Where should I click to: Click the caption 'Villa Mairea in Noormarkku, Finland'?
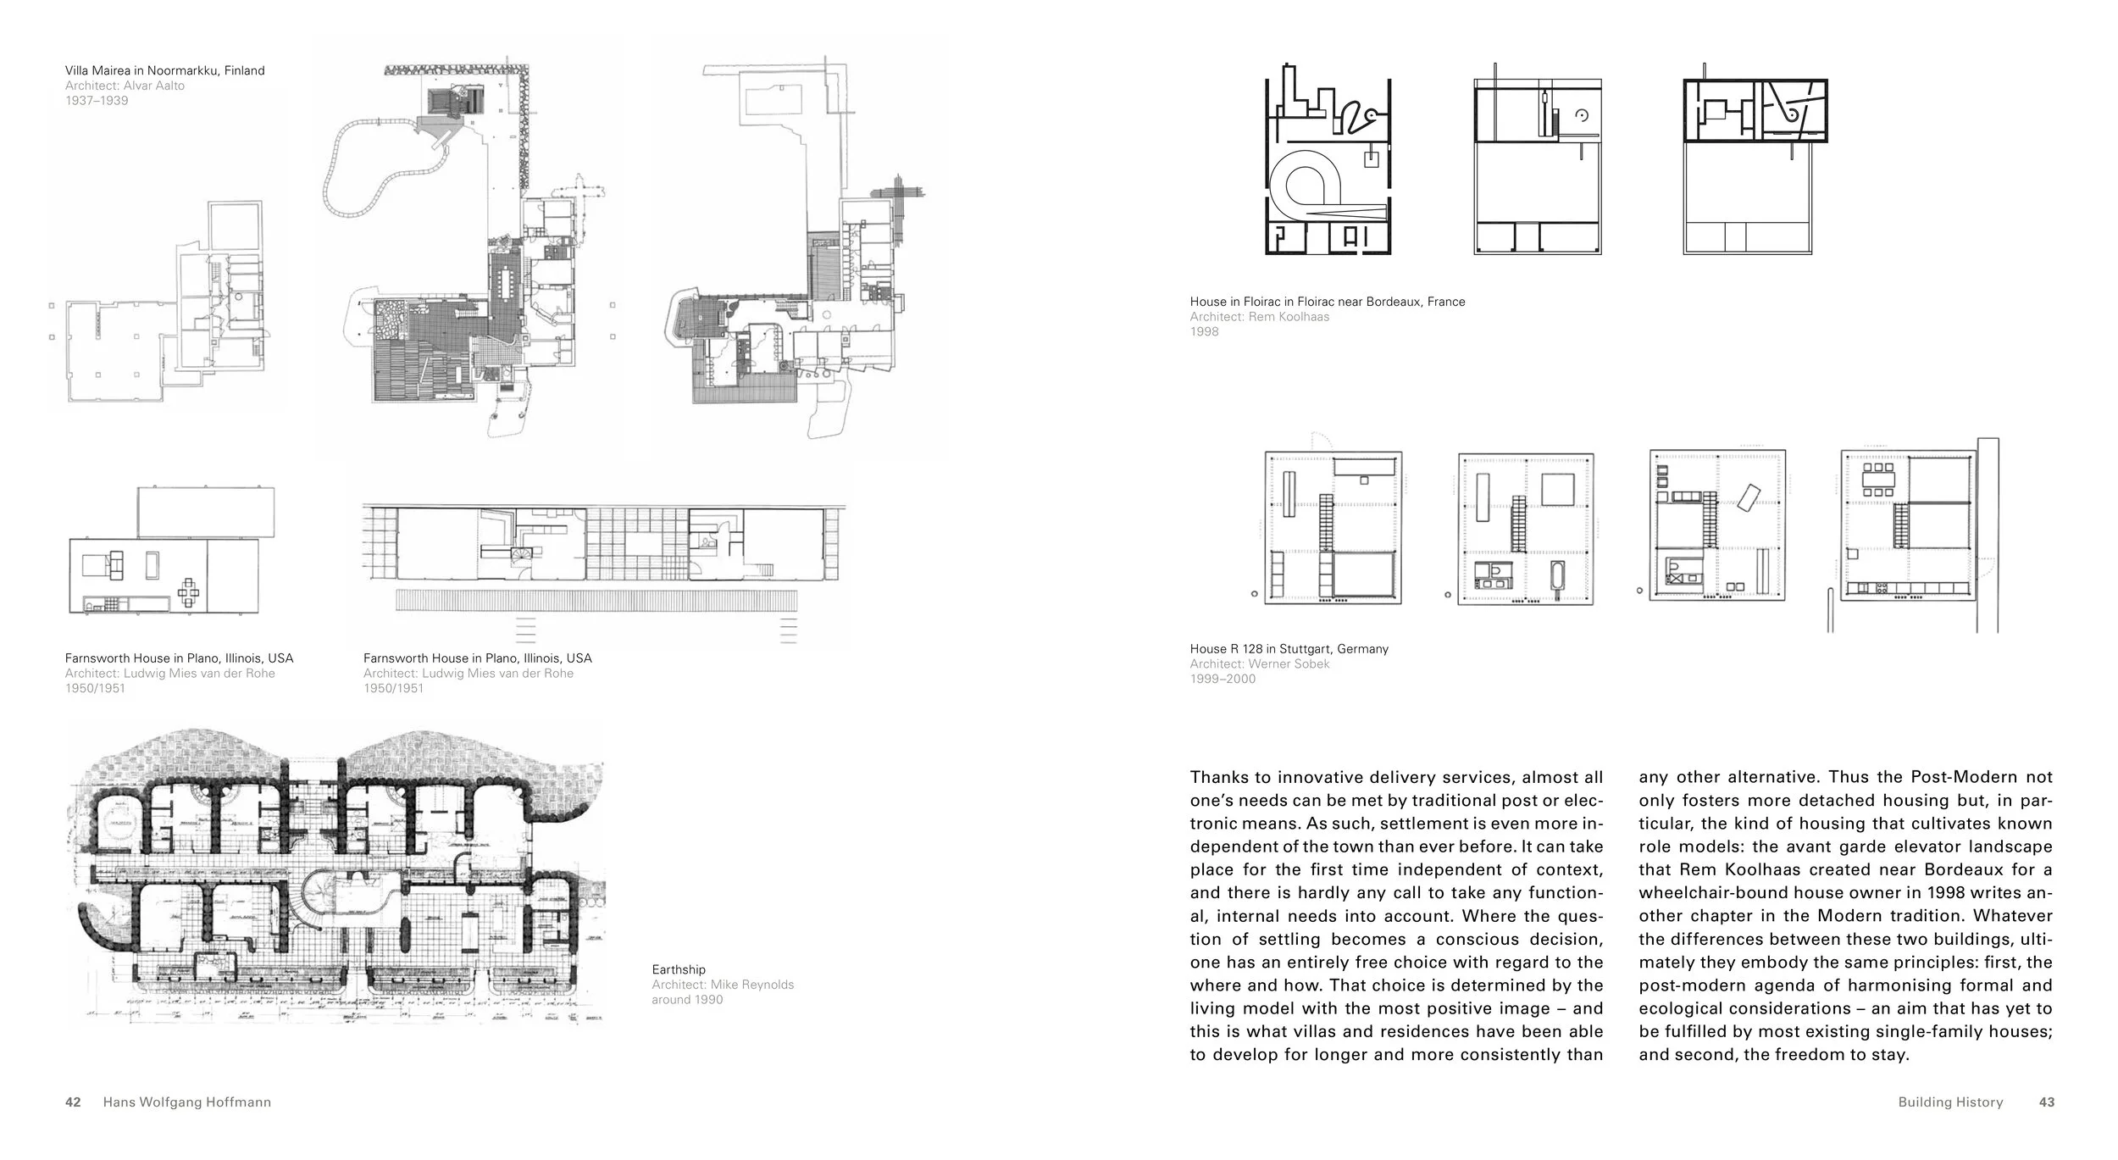[x=164, y=70]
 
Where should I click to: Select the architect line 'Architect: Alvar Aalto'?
[x=125, y=86]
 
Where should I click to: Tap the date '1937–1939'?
[x=97, y=101]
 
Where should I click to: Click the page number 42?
[x=73, y=1102]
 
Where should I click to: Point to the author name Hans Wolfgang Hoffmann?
[x=186, y=1102]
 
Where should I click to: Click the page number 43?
[x=2046, y=1102]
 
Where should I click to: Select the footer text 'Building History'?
[x=1950, y=1102]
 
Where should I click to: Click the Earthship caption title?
[x=678, y=969]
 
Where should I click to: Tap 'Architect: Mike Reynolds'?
[x=723, y=985]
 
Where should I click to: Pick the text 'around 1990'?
[x=687, y=1000]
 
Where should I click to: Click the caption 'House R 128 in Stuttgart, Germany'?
[x=1289, y=649]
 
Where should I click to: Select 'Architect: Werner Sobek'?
[x=1259, y=664]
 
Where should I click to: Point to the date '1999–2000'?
[x=1223, y=679]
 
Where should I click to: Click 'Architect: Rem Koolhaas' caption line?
[x=1259, y=317]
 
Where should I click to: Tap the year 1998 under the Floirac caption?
[x=1204, y=331]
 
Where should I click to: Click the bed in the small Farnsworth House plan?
[x=103, y=564]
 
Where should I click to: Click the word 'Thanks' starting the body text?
[x=1218, y=777]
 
